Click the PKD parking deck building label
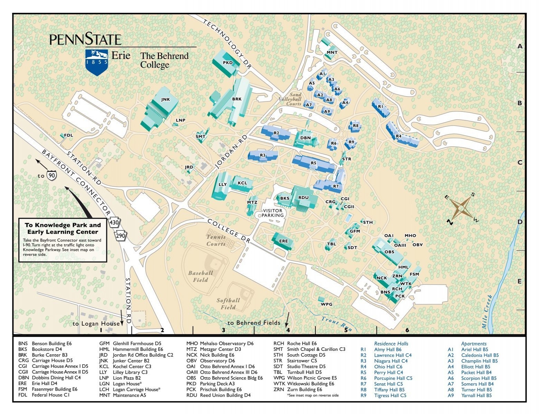tap(228, 63)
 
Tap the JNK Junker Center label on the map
tap(166, 99)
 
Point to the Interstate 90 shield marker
tap(52, 175)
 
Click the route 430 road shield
tap(114, 223)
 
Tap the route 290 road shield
tap(121, 236)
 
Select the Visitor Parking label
tap(273, 213)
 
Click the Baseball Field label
tap(200, 276)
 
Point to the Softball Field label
tap(228, 304)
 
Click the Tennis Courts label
tap(216, 240)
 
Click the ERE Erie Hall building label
tap(283, 241)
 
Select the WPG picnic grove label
tap(327, 304)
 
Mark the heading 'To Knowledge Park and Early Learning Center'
tap(63, 228)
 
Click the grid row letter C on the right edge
tap(520, 162)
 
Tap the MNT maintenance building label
tap(332, 52)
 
